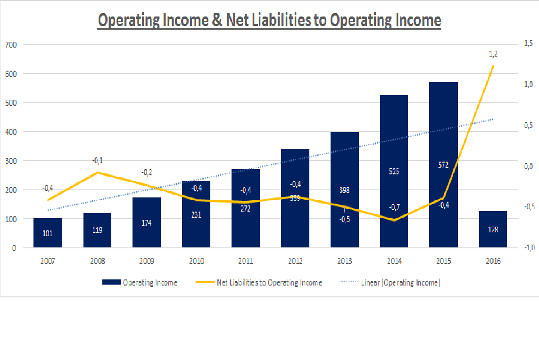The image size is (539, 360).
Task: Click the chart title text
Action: [x=269, y=21]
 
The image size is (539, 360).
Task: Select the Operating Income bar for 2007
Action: [x=48, y=233]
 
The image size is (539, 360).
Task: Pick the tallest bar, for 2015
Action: [x=443, y=141]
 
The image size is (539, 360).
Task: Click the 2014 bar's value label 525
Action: [x=394, y=172]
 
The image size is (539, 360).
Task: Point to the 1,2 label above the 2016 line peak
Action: [x=493, y=54]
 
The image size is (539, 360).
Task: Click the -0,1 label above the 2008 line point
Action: [x=98, y=161]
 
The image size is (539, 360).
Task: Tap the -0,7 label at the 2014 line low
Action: [x=394, y=207]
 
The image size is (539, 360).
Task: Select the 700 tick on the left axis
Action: [x=11, y=45]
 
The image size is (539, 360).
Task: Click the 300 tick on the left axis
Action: [x=11, y=161]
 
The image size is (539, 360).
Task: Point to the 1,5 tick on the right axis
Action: [x=528, y=43]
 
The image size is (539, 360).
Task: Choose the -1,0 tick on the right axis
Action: [x=528, y=247]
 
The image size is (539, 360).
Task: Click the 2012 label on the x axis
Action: [x=295, y=261]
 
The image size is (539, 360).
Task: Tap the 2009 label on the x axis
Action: [x=147, y=261]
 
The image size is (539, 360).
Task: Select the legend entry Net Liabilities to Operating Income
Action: [x=269, y=283]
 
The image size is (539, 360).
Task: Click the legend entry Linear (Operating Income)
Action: [x=400, y=283]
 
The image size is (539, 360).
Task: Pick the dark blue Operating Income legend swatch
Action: [x=111, y=283]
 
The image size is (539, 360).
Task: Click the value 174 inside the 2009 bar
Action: [x=147, y=222]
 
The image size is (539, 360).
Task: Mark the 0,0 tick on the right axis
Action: [x=528, y=166]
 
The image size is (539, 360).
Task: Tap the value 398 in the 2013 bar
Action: [x=344, y=190]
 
